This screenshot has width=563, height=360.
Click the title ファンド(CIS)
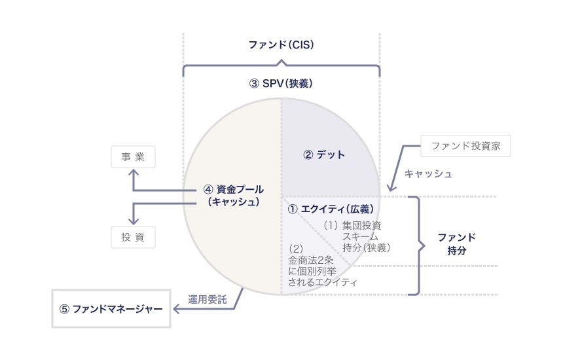(281, 45)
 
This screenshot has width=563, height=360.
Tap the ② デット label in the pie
(323, 155)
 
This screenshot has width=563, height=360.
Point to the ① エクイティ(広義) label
(331, 209)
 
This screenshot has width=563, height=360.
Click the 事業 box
(134, 157)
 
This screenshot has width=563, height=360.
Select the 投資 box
(134, 236)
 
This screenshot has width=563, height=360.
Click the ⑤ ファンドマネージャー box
(111, 308)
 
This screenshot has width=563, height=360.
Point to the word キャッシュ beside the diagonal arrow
(429, 174)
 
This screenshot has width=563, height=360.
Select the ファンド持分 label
(456, 243)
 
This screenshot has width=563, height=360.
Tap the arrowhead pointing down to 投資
(134, 221)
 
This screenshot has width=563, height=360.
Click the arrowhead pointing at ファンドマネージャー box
(175, 308)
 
